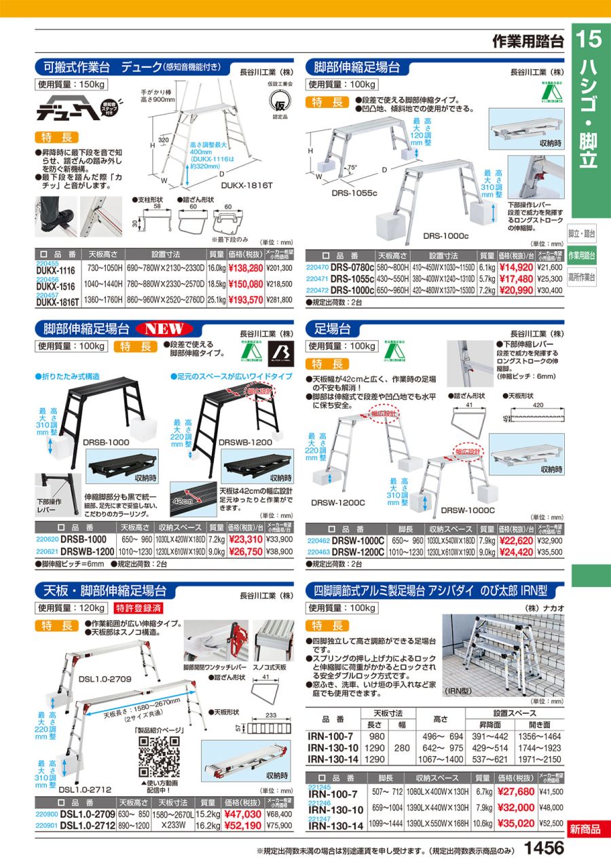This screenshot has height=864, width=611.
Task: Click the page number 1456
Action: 544,848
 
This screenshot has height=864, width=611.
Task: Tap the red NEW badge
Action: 166,329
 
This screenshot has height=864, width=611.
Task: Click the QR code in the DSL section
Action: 158,754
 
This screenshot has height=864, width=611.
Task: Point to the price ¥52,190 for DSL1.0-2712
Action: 244,825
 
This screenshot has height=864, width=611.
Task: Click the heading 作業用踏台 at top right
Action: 528,41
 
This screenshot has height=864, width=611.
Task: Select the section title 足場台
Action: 333,329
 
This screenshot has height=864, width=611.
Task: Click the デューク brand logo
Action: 66,109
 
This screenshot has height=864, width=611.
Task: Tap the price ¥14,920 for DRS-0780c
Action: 516,268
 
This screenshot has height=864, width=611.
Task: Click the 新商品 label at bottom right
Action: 585,829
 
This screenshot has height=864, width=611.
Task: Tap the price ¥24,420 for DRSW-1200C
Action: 516,552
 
